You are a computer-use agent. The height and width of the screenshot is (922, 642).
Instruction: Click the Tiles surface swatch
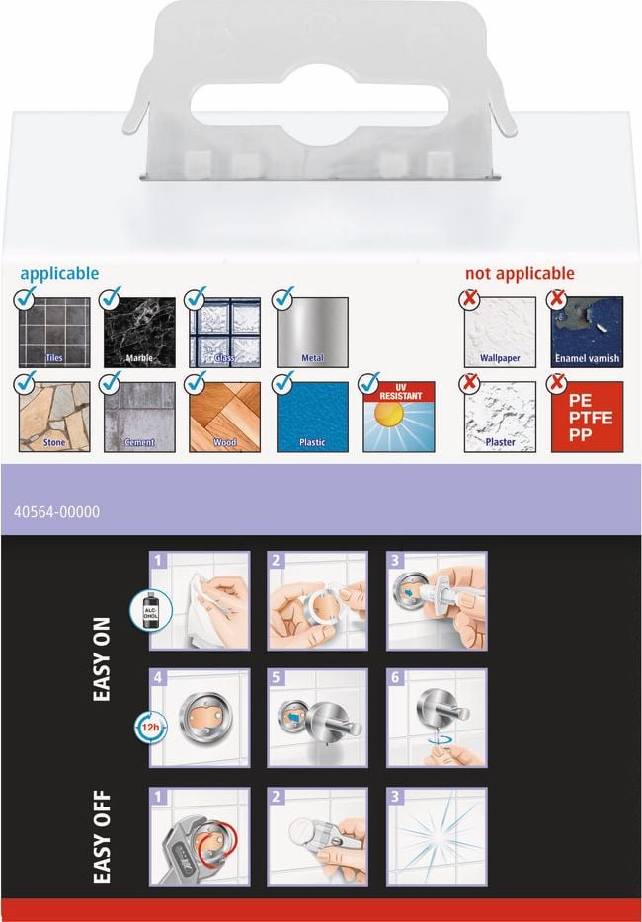pos(54,333)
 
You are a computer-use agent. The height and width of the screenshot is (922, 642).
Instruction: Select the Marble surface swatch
pos(139,333)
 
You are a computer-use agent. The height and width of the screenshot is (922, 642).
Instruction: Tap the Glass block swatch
pos(224,333)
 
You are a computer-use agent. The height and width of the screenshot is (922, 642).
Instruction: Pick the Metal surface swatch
pos(312,333)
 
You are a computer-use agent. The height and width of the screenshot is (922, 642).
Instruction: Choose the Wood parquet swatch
pos(224,417)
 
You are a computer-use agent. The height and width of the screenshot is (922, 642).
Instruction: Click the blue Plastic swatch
pos(312,417)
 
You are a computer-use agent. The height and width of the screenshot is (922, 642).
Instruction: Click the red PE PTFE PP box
pos(587,417)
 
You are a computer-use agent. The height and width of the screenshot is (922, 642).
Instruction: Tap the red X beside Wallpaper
pos(469,299)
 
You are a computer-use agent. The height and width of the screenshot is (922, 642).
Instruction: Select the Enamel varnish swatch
pos(587,333)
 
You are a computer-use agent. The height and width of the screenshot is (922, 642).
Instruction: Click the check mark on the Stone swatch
pos(25,382)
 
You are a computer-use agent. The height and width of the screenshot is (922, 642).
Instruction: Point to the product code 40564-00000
pos(56,512)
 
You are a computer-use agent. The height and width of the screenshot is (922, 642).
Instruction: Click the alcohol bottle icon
pos(151,610)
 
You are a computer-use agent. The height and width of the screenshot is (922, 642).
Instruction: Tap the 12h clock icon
pos(150,728)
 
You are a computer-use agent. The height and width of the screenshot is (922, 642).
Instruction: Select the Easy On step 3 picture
pos(437,600)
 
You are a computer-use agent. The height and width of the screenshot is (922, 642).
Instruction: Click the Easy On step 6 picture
pos(437,718)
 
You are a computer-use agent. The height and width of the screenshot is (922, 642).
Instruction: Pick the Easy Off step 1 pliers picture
pos(200,837)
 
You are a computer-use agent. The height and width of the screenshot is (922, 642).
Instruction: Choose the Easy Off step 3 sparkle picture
pos(437,837)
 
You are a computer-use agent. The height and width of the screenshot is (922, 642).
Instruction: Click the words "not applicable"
pos(520,274)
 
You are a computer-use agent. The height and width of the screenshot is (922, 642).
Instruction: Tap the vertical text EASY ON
pos(102,659)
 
